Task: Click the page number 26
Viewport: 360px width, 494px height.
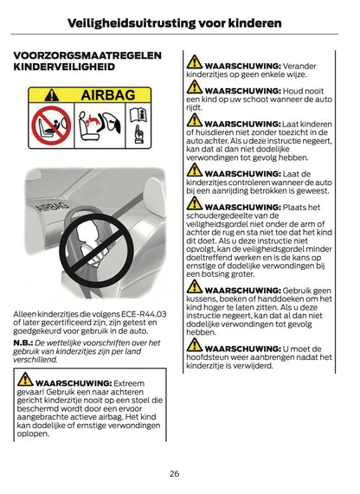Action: click(174, 473)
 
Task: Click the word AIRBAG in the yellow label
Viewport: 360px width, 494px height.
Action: click(108, 95)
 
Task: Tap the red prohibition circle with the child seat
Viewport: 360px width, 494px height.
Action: click(51, 125)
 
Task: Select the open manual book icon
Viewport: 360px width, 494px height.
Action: click(138, 115)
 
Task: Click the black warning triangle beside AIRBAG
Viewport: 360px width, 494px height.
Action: click(51, 95)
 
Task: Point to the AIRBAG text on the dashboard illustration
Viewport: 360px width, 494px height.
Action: click(52, 206)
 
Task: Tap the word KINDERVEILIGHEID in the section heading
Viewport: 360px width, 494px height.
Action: click(64, 67)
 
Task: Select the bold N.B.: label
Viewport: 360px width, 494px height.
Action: click(23, 343)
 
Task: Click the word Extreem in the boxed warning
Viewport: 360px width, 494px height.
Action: click(129, 383)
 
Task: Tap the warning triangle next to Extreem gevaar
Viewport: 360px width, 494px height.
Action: click(25, 379)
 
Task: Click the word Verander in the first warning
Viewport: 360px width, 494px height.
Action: click(299, 66)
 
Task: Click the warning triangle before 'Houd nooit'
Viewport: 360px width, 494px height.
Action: click(195, 87)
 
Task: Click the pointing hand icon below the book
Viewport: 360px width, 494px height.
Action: click(138, 135)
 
